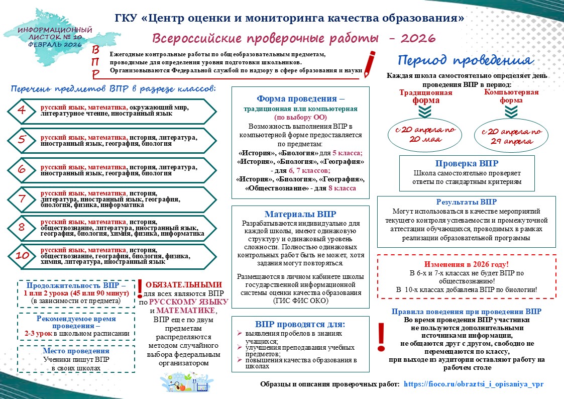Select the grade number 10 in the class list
pos(22,256)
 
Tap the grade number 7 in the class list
pos(22,198)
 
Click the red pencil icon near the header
pos(370,63)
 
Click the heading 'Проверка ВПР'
pos(467,163)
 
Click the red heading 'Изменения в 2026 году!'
pos(467,264)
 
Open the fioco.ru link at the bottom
pos(474,383)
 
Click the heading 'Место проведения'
pos(76,351)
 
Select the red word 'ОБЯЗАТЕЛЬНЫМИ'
pos(186,284)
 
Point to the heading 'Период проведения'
pos(465,60)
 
